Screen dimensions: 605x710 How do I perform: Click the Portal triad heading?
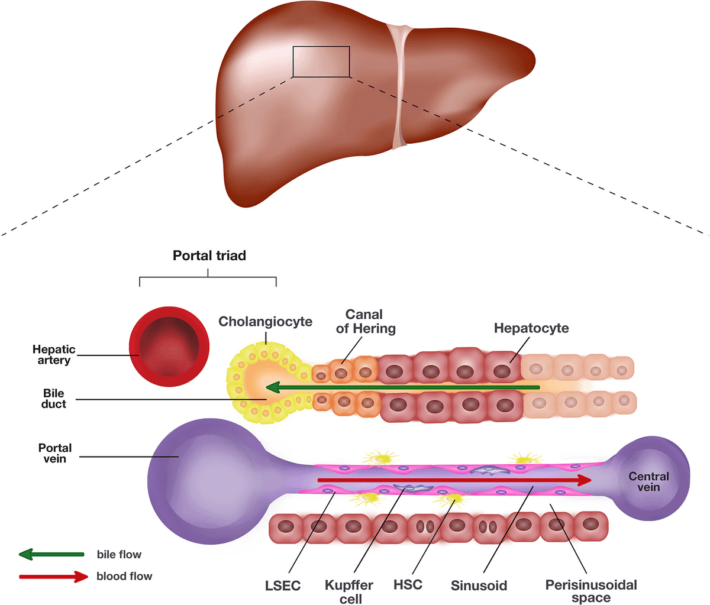point(209,256)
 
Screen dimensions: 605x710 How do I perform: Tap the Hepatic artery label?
point(54,355)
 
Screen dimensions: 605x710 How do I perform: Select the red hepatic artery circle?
point(169,346)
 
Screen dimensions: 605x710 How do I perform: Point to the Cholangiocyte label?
point(265,322)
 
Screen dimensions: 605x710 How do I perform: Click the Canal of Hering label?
point(365,321)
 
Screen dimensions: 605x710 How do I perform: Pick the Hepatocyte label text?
point(531,328)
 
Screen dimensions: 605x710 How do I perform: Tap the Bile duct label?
point(54,399)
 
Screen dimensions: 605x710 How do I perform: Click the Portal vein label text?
point(55,453)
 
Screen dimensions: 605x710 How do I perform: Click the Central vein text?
point(648,482)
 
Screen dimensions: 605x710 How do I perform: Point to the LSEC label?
point(283,586)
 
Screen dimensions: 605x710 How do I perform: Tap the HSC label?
point(408,585)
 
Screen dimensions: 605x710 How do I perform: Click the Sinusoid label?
point(479,586)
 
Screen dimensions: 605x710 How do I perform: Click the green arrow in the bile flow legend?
point(51,554)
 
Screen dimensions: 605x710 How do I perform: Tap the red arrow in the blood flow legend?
point(53,577)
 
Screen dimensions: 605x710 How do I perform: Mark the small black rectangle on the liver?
point(321,62)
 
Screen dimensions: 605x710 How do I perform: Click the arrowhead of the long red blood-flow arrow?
point(585,480)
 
